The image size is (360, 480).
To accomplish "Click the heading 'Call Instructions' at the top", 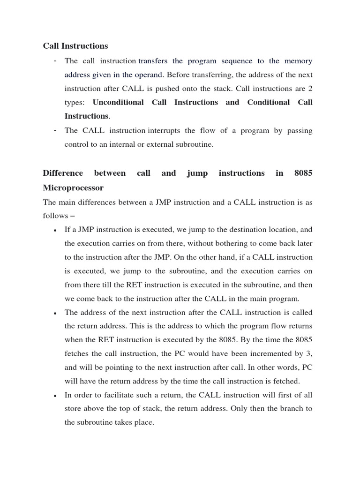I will point(75,46).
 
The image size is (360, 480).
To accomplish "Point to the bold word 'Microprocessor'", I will point(73,187).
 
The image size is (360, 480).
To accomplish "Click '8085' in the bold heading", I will point(303,173).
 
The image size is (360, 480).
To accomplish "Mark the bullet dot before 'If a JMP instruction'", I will point(55,231).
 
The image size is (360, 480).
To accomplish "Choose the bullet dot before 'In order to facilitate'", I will point(55,396).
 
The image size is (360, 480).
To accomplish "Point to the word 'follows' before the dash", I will point(54,216).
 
